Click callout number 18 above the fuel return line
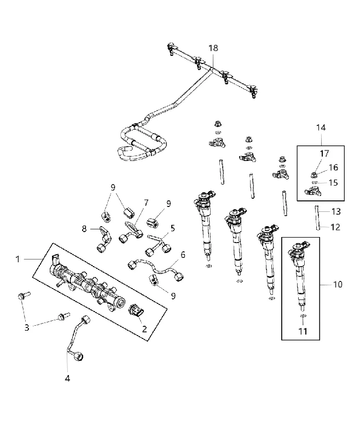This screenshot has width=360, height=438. pyautogui.click(x=213, y=48)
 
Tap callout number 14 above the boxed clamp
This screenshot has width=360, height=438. pyautogui.click(x=321, y=128)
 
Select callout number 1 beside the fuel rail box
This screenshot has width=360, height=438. pyautogui.click(x=18, y=260)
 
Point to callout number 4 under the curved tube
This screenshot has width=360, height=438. pyautogui.click(x=67, y=378)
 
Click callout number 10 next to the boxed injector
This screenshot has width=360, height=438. pyautogui.click(x=338, y=284)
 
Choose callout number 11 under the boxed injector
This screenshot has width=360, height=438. pyautogui.click(x=303, y=331)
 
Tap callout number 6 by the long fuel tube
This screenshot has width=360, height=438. pyautogui.click(x=183, y=255)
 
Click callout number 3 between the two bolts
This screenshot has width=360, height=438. pyautogui.click(x=27, y=327)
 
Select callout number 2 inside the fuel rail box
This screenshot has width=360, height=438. pyautogui.click(x=144, y=329)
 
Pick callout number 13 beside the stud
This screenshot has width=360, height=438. pyautogui.click(x=336, y=211)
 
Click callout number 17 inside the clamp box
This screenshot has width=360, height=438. pyautogui.click(x=324, y=153)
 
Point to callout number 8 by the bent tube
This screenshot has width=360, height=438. pyautogui.click(x=84, y=229)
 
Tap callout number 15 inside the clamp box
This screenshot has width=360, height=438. pyautogui.click(x=334, y=183)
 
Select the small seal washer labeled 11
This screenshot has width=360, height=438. pyautogui.click(x=303, y=316)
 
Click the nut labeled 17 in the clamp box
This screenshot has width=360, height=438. pyautogui.click(x=314, y=175)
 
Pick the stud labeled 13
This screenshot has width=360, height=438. pyautogui.click(x=317, y=217)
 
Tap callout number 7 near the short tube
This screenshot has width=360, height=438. pyautogui.click(x=146, y=203)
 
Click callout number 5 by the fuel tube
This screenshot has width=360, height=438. pyautogui.click(x=173, y=228)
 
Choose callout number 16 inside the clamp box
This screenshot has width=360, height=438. pyautogui.click(x=334, y=168)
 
